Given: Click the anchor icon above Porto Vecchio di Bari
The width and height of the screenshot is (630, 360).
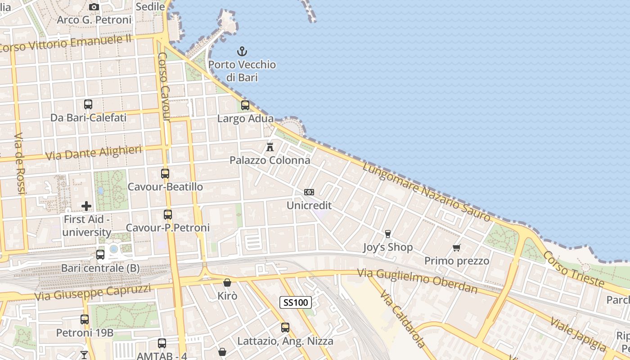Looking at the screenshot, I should click(x=242, y=51).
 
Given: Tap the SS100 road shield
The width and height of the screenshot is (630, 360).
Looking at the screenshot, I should click(x=296, y=302).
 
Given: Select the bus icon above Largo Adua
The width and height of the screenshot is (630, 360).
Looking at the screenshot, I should click(x=245, y=105).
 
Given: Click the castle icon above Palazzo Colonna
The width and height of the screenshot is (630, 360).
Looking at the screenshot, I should click(x=270, y=147).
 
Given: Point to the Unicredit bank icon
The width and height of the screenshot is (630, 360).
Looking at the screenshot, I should click(x=309, y=192).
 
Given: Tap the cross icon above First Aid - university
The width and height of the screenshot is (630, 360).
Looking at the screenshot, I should click(x=86, y=207).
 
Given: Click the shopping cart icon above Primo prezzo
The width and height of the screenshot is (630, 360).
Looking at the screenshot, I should click(x=457, y=247).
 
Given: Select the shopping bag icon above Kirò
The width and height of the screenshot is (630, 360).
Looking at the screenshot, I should click(x=227, y=283).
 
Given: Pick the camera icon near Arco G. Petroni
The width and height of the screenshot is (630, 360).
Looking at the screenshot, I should click(x=94, y=7).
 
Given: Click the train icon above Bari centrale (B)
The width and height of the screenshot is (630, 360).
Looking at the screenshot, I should click(x=100, y=255).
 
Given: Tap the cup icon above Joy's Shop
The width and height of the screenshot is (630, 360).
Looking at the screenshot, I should click(x=387, y=234).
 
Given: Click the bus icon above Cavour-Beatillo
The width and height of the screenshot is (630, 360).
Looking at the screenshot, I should click(x=165, y=173).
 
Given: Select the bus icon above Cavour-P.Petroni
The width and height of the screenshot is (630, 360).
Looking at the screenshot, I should click(x=168, y=214).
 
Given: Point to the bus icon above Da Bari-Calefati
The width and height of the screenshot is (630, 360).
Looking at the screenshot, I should click(x=88, y=104).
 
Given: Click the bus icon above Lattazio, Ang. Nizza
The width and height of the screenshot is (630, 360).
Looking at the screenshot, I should click(x=285, y=328).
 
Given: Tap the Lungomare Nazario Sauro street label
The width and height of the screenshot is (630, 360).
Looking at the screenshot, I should click(x=426, y=192).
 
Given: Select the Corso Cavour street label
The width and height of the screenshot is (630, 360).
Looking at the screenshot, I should click(x=164, y=87).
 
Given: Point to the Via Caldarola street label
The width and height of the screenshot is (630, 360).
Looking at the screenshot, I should click(x=402, y=319).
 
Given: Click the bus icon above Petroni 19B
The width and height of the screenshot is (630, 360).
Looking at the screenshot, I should click(x=85, y=319).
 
